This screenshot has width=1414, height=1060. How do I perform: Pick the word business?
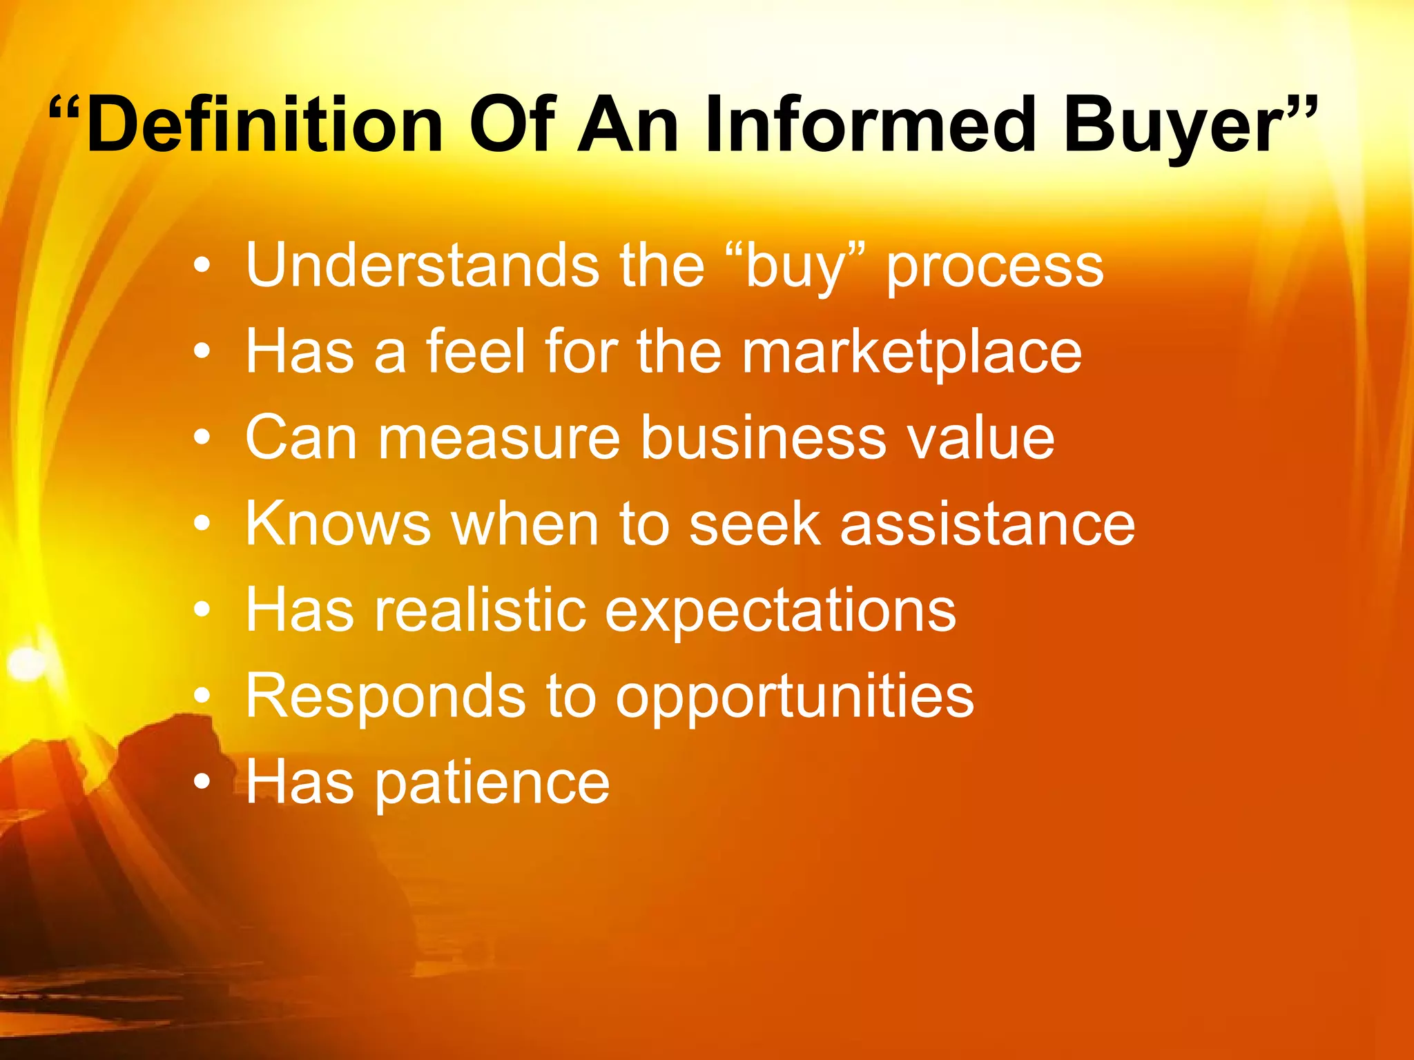763,438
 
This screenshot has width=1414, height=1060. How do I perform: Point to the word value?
980,438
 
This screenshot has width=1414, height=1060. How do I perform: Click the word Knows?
338,524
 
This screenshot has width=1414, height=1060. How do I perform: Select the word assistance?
987,524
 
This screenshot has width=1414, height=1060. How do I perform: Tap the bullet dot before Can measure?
201,438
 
